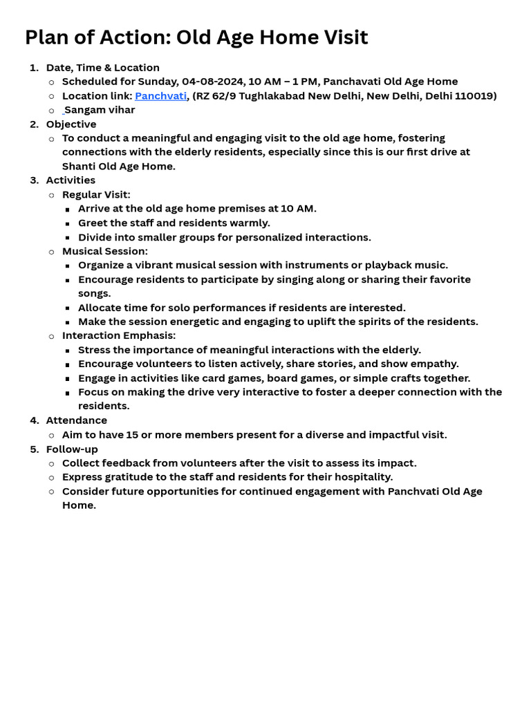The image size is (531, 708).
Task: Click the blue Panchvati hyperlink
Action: point(160,95)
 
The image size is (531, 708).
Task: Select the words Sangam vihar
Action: point(100,110)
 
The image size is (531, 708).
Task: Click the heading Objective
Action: point(71,124)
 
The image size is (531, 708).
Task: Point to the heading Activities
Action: point(71,180)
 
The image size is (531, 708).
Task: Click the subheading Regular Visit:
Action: point(96,195)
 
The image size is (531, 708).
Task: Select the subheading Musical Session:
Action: point(104,251)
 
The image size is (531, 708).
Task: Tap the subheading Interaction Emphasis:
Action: point(119,336)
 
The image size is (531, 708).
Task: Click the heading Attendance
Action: point(76,420)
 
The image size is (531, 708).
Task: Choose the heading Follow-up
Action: point(72,449)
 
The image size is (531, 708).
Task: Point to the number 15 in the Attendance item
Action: point(132,435)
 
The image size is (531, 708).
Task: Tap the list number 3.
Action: point(34,180)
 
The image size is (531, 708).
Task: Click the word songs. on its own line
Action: point(94,293)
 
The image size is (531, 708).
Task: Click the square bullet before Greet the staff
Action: point(67,223)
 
